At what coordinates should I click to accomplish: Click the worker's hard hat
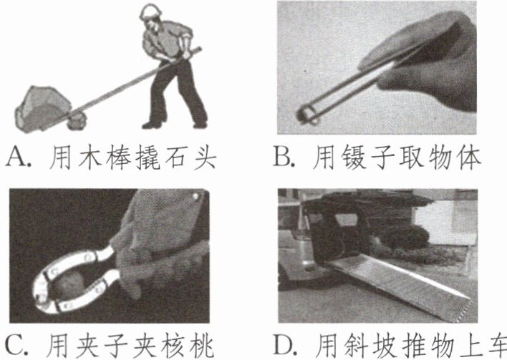pos(150,12)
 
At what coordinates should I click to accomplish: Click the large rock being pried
pos(42,108)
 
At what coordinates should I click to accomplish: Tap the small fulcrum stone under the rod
pos(77,122)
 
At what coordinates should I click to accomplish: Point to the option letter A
pos(16,157)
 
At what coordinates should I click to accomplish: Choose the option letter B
pos(282,157)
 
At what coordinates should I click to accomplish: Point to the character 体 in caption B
pos(469,157)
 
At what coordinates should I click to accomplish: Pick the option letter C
pos(14,346)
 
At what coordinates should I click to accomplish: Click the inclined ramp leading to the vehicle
pos(397,284)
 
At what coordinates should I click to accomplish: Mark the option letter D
pos(284,346)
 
